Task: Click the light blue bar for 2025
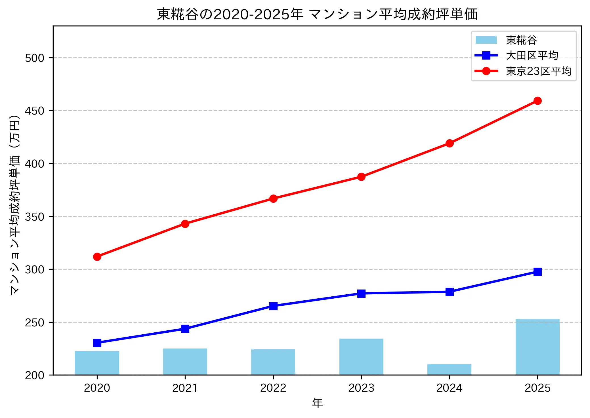tap(537, 347)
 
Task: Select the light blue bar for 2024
tap(449, 369)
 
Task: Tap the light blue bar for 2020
tap(97, 363)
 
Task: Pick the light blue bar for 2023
tap(361, 356)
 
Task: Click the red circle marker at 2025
tap(537, 101)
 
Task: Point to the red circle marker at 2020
tap(97, 257)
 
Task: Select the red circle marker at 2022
tap(273, 199)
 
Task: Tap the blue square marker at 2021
tap(185, 329)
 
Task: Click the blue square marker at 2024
tap(449, 292)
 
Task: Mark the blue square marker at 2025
tap(537, 272)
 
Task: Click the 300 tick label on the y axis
tap(35, 269)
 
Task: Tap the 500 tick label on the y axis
tap(35, 58)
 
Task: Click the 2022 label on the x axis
tap(273, 388)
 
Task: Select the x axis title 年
tap(317, 403)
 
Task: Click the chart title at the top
tap(317, 14)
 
